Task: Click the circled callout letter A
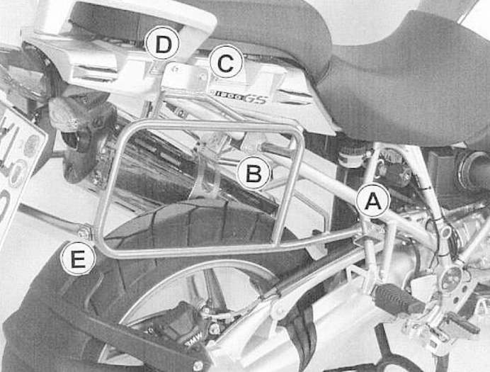[372, 203]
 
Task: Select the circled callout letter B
[253, 172]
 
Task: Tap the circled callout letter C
[226, 64]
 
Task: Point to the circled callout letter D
[163, 45]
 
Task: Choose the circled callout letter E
[77, 259]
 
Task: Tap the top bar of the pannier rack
[212, 125]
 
